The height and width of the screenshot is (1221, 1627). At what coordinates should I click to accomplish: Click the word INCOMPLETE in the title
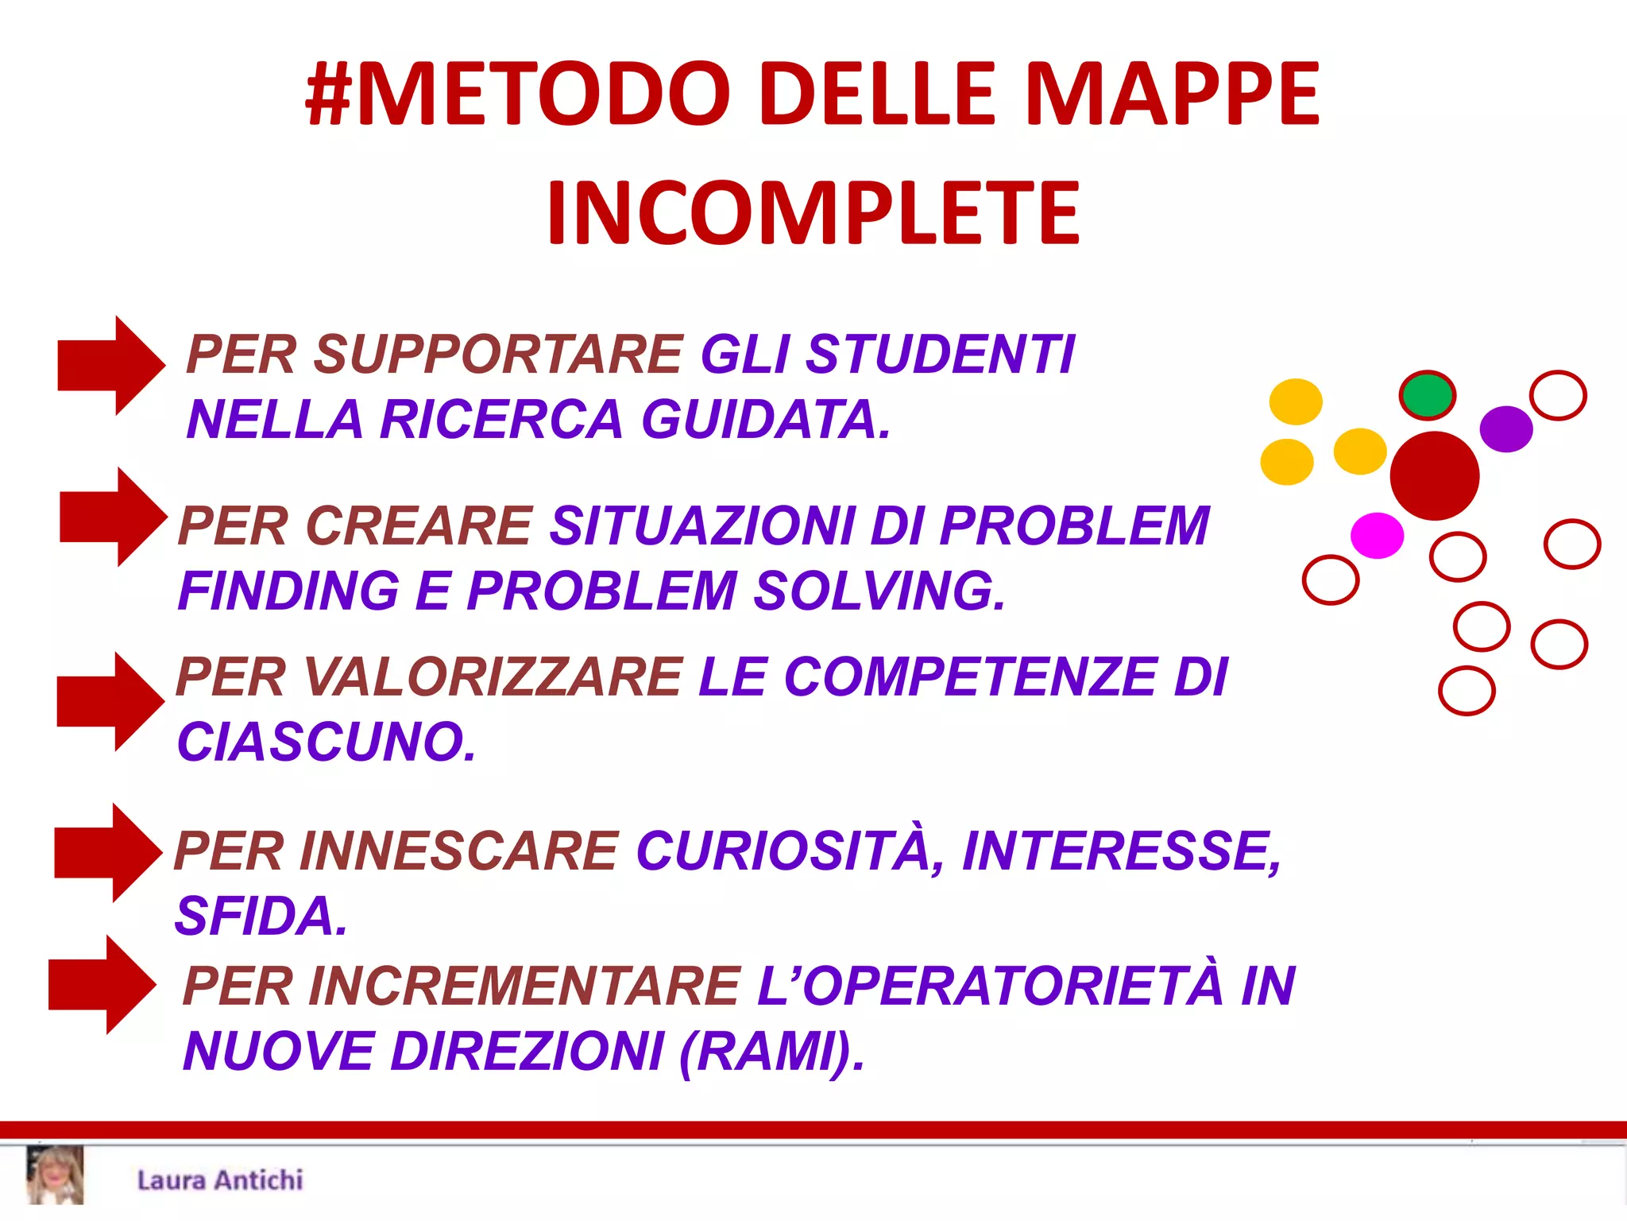(813, 213)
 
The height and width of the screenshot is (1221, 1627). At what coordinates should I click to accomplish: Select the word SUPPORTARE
(498, 355)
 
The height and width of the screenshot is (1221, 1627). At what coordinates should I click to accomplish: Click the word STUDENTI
(940, 355)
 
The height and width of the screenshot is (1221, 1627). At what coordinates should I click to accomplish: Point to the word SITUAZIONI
(702, 526)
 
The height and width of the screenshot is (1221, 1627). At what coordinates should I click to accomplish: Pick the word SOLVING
(879, 591)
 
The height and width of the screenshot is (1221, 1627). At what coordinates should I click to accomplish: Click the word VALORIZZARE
(492, 677)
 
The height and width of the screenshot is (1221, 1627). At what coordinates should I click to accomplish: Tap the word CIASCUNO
(326, 742)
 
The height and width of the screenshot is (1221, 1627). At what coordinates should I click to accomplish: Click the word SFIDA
(261, 917)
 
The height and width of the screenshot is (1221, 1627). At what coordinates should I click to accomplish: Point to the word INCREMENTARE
(524, 986)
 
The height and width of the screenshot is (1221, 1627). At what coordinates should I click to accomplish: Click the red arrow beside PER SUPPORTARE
(111, 366)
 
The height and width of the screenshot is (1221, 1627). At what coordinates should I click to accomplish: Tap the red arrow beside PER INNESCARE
(108, 853)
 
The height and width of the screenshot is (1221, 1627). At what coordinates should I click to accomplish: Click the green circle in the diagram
(1427, 395)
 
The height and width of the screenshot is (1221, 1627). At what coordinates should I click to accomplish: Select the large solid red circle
(1434, 476)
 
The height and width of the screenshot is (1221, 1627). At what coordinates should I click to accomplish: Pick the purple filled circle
(1505, 429)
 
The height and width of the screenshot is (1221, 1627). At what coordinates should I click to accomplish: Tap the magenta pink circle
(1377, 535)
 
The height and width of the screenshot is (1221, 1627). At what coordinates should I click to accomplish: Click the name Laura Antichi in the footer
(220, 1180)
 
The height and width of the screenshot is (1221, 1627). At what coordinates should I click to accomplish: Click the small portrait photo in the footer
(55, 1176)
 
